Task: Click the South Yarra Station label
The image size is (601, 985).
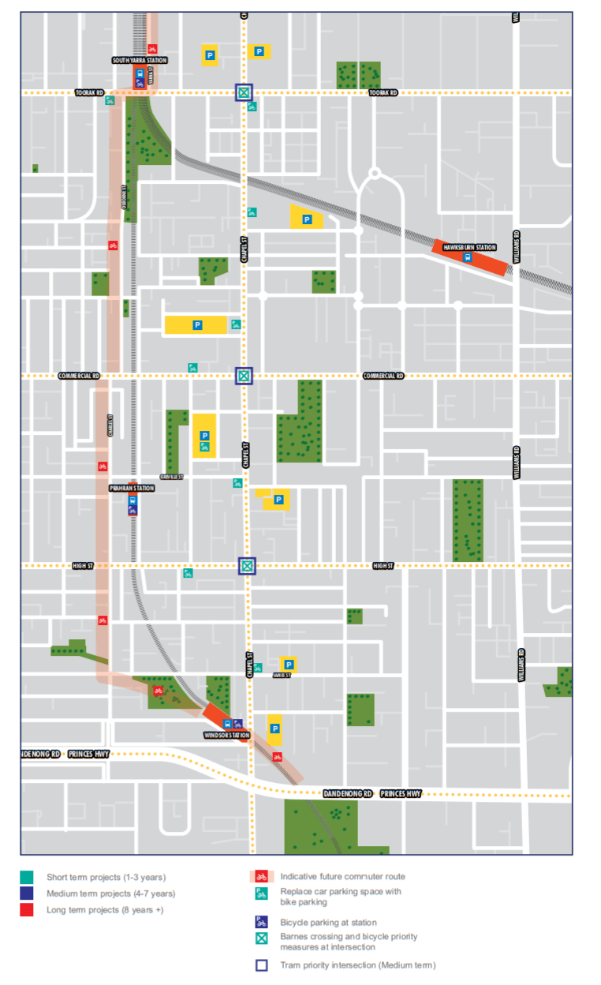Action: coord(140,60)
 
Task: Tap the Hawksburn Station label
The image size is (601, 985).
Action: coord(469,247)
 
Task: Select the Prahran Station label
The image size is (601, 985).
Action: coord(132,489)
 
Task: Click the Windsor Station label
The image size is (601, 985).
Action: coord(227,736)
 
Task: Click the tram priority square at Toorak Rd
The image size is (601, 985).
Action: coord(245,92)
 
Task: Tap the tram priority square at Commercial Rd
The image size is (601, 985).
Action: coord(245,376)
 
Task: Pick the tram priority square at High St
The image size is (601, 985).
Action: coord(248,565)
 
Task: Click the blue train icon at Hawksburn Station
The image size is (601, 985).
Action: coord(468,257)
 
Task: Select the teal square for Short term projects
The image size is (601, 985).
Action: coord(28,877)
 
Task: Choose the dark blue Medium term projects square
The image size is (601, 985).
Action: coord(28,893)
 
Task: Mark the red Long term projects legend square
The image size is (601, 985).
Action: coord(28,910)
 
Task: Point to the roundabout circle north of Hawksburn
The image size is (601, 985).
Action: coord(375,172)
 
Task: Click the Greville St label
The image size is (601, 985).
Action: coord(171,478)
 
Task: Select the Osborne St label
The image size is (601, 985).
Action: coord(124,197)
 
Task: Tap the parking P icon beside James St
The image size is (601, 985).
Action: coord(289,665)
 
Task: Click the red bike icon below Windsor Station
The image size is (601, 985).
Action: coord(277,756)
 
